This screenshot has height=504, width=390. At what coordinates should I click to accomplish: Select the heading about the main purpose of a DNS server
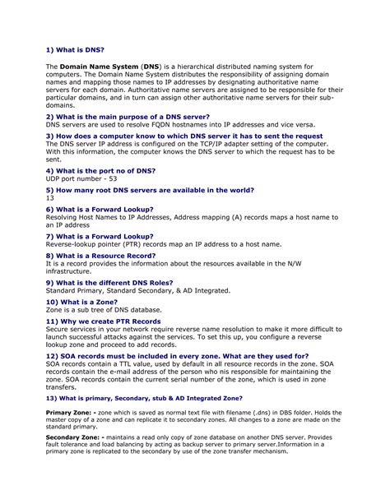click(x=128, y=117)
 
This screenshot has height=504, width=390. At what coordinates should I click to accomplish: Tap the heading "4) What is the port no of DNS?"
click(x=100, y=170)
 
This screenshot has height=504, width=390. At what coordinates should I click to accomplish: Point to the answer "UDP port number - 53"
click(x=81, y=178)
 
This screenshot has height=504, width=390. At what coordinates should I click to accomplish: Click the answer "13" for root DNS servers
click(x=49, y=198)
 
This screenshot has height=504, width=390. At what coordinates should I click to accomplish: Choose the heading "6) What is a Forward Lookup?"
click(x=99, y=210)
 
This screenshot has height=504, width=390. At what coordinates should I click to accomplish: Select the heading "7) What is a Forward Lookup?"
click(x=99, y=236)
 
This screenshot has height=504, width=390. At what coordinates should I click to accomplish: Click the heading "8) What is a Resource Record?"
click(x=101, y=256)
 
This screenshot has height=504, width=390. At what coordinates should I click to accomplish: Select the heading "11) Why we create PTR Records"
click(x=103, y=321)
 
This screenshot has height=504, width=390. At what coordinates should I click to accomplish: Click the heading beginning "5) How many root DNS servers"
click(x=150, y=190)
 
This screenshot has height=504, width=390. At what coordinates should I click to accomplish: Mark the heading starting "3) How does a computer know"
click(x=183, y=136)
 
